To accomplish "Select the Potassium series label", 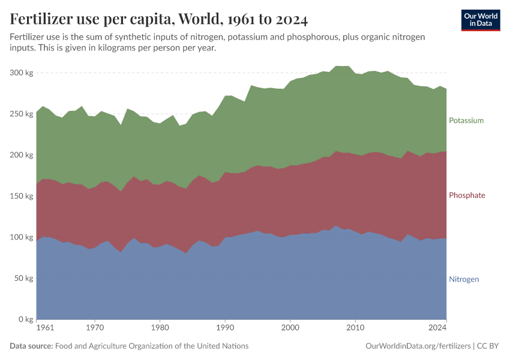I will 466,121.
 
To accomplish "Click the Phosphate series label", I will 467,196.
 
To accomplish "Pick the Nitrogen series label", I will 464,279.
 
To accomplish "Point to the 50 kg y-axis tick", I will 22,278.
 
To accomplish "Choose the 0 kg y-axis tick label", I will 25,319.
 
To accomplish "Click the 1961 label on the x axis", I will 44,328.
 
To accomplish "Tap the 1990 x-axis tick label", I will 225,328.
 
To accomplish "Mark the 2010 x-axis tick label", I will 355,328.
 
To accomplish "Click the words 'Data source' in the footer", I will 31,346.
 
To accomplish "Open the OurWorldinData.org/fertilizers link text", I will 418,346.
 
